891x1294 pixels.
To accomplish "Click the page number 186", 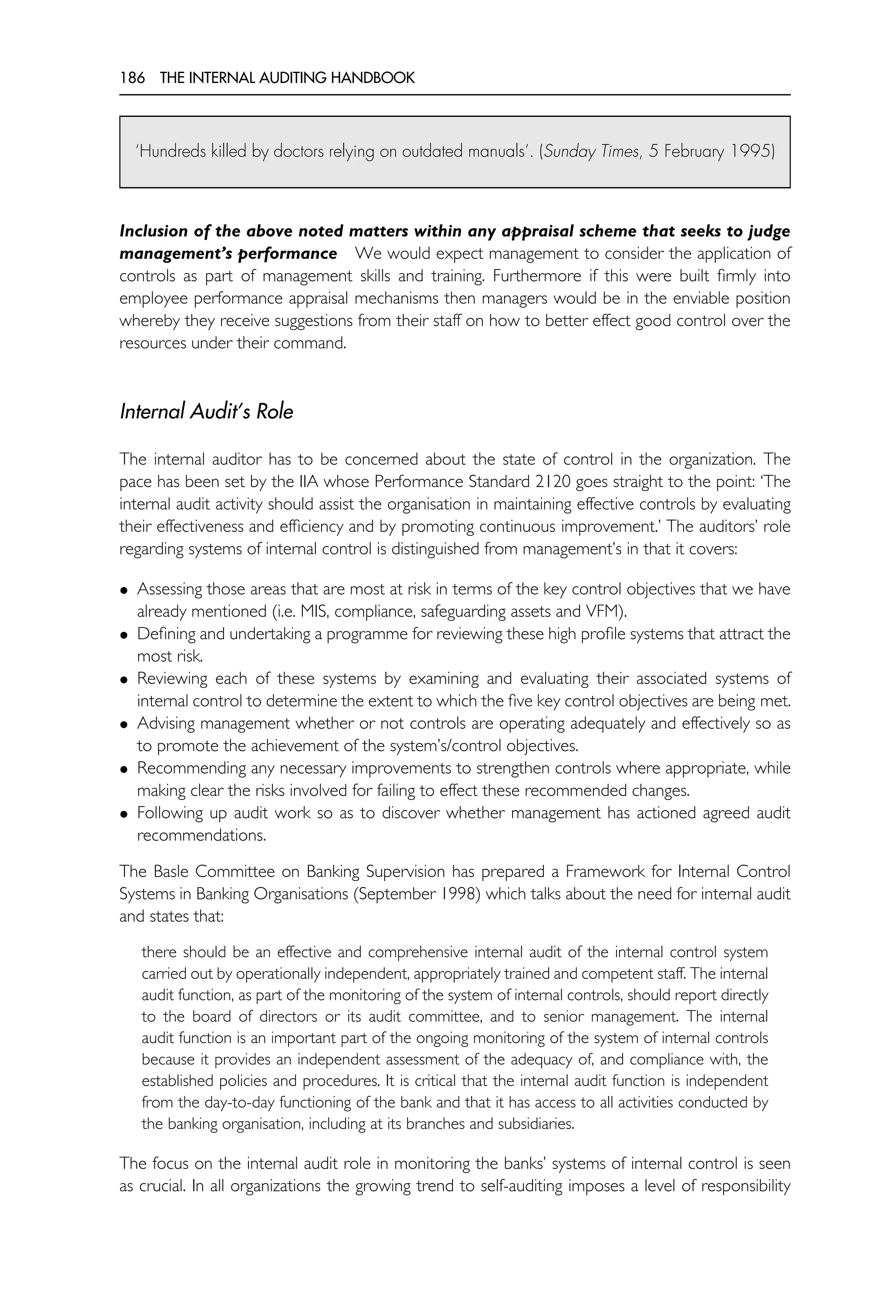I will click(x=132, y=78).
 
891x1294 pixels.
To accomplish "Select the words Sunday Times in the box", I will click(x=591, y=152).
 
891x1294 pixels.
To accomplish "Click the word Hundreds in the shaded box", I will click(x=172, y=152).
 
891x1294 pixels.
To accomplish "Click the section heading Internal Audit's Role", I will click(x=206, y=412).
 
